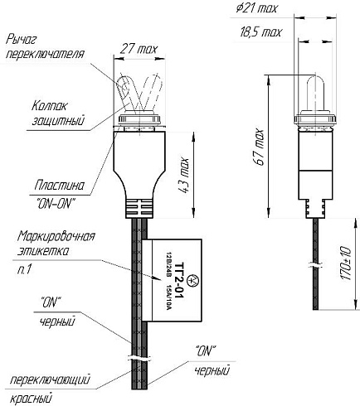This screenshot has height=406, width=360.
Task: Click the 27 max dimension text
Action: point(139,49)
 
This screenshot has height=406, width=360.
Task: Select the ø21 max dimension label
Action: point(256,8)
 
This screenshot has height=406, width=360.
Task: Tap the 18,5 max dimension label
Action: point(260,32)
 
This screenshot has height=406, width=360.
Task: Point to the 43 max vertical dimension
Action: point(183,175)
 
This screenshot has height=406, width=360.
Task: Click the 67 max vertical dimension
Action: point(260,147)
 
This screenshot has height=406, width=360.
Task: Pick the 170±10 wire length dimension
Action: point(345,263)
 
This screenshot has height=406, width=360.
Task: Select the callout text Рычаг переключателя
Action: point(45,46)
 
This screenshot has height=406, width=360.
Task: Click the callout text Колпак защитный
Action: point(57,113)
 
